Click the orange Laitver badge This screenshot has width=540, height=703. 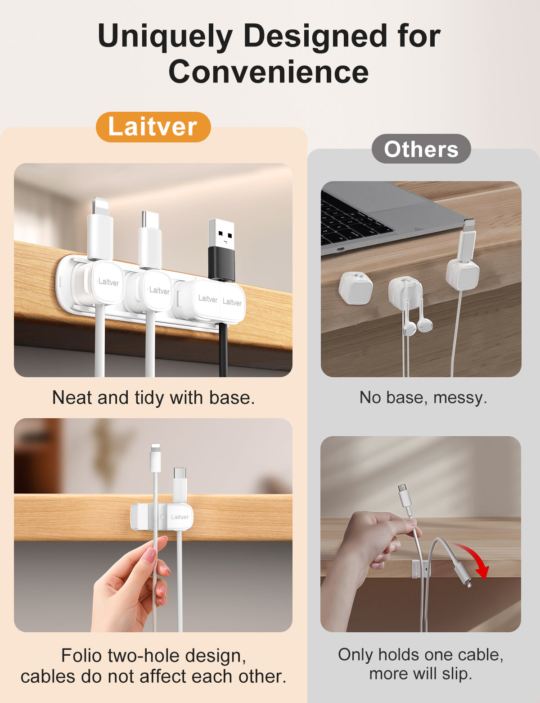tap(153, 127)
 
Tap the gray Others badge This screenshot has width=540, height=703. tap(421, 149)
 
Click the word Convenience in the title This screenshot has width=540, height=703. tap(268, 72)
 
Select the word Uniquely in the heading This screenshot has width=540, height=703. tap(165, 37)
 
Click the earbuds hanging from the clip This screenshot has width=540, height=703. tap(417, 326)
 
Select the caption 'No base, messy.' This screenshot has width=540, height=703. tap(423, 397)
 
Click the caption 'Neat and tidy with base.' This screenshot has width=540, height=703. tap(153, 397)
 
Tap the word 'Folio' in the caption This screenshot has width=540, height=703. tap(82, 656)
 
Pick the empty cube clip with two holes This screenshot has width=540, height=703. tap(355, 288)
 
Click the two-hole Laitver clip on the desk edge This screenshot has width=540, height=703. tap(162, 516)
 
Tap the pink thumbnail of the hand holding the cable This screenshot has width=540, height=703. tap(150, 555)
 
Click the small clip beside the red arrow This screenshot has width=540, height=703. tap(420, 570)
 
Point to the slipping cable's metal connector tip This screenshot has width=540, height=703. tap(469, 584)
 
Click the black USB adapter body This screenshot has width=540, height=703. tap(221, 263)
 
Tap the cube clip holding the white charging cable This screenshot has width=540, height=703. tap(462, 274)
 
